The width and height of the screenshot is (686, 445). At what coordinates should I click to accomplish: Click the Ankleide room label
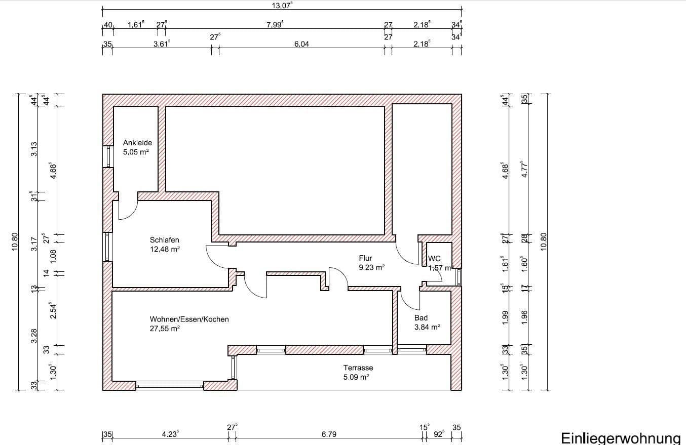pos(137,143)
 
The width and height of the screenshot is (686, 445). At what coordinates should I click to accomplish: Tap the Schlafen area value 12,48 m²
pos(165,249)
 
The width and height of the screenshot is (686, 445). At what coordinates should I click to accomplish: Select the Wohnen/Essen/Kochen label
pos(189,319)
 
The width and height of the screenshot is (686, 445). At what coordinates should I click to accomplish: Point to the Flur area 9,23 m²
pos(371,267)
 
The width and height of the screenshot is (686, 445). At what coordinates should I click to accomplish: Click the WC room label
pos(435,259)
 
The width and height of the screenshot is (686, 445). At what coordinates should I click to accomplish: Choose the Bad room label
pos(421,318)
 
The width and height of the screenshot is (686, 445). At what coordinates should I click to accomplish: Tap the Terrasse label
pos(358,368)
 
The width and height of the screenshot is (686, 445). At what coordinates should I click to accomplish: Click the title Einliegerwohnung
pos(621,438)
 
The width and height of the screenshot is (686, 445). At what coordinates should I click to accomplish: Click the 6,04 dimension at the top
pos(301,44)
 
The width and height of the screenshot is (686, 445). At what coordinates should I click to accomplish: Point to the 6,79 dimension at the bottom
pos(329,434)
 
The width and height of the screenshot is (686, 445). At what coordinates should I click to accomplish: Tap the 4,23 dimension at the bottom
pos(170,434)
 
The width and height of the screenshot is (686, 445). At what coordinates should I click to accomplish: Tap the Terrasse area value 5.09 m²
pos(356,377)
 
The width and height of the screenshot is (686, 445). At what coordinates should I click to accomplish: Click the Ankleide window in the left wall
pos(107,156)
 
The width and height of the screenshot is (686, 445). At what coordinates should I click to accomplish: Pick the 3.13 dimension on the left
pos(34,149)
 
